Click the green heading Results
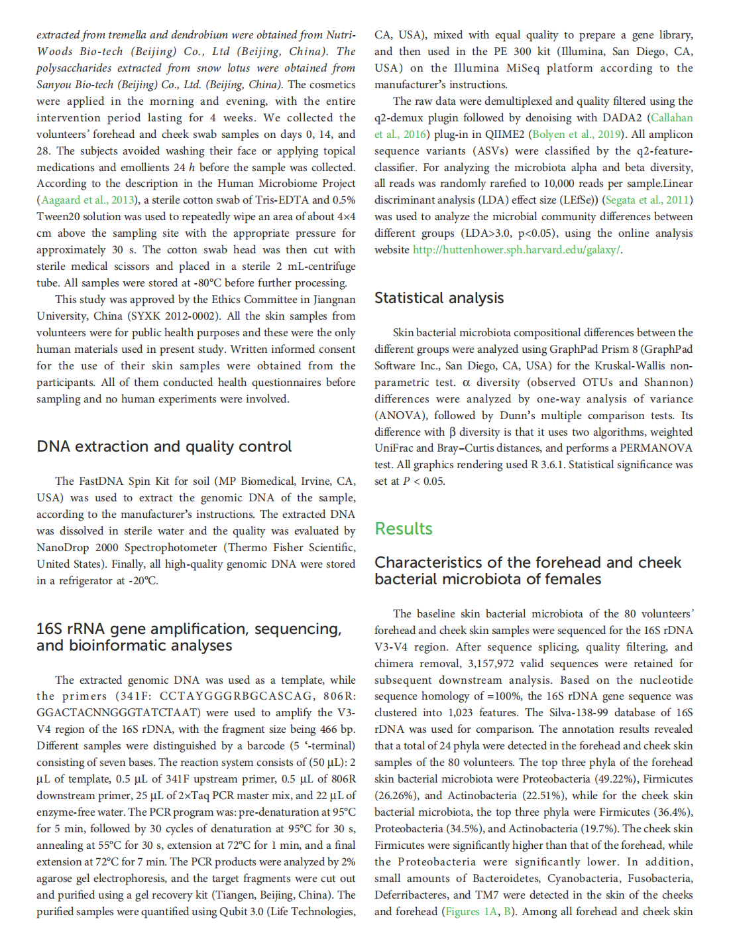coord(403,529)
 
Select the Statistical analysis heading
coord(439,298)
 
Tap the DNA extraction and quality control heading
coord(164,446)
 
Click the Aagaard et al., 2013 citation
coord(87,200)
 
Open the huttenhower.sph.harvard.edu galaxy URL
coord(517,250)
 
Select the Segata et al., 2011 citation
coord(648,200)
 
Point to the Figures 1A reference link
coord(471,912)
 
